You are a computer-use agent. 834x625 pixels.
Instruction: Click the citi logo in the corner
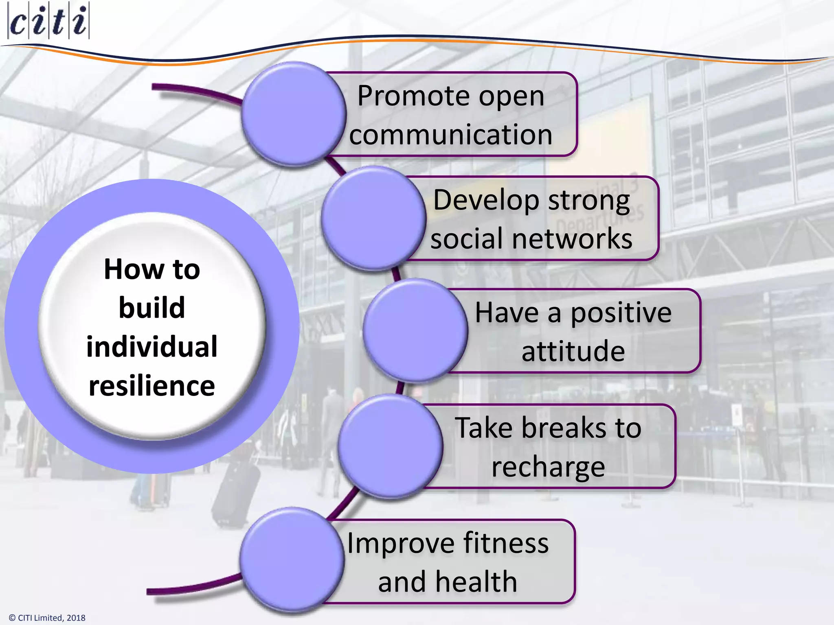tap(48, 21)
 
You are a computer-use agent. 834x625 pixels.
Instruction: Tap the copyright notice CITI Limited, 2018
tap(47, 618)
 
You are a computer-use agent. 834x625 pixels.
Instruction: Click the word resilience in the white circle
tap(152, 386)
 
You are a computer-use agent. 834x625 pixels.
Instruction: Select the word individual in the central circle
tap(152, 347)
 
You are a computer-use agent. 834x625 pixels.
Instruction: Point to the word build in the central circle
tap(152, 308)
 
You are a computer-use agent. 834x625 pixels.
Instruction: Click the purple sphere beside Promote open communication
tap(293, 114)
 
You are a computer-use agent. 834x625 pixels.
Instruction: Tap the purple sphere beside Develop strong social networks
tap(373, 218)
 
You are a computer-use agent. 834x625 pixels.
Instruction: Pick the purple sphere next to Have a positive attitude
tap(415, 330)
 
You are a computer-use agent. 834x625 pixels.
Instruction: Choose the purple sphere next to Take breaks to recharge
tap(390, 446)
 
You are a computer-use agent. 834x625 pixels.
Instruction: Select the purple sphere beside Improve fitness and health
tap(292, 560)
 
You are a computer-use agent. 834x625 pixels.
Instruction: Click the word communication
tap(450, 135)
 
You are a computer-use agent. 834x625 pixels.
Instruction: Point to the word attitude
tap(573, 351)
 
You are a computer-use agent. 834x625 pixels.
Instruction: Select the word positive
tap(621, 313)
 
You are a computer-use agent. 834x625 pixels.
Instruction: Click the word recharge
tap(548, 467)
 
